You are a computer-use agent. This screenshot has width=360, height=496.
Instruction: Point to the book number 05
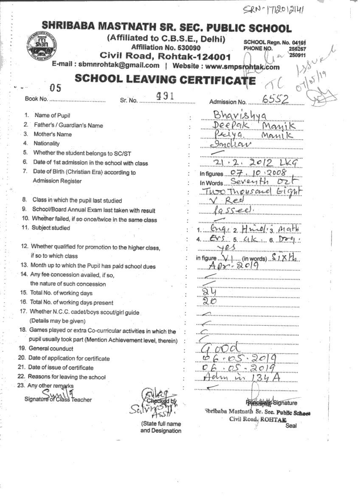55,88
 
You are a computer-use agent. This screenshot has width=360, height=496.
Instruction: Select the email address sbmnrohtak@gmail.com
117,65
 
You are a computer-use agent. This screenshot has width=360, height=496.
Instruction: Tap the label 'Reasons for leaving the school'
67,377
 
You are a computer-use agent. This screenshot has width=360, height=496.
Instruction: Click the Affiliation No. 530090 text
166,48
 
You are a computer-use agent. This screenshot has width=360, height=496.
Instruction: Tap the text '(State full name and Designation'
161,427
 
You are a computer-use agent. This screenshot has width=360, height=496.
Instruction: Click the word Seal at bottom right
292,426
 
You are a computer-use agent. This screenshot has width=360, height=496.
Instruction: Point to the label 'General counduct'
51,348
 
